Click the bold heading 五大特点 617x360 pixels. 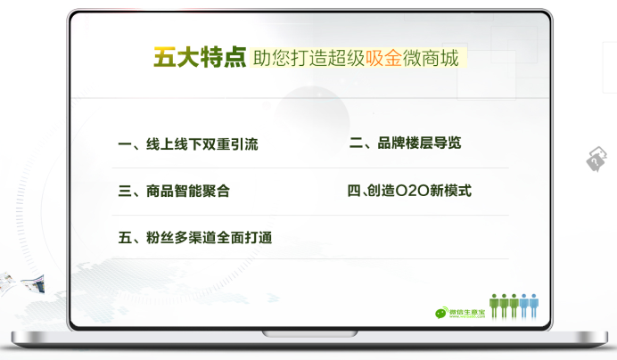pyautogui.click(x=200, y=57)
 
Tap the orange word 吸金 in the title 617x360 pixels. pyautogui.click(x=383, y=58)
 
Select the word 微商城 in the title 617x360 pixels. pyautogui.click(x=431, y=58)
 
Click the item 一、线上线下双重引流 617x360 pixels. pyautogui.click(x=188, y=144)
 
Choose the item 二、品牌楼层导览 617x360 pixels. pyautogui.click(x=406, y=143)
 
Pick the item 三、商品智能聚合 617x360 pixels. pyautogui.click(x=174, y=192)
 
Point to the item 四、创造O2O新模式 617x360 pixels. pyautogui.click(x=409, y=191)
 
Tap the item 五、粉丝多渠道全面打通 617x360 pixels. pyautogui.click(x=195, y=238)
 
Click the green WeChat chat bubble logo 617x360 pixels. pyautogui.click(x=441, y=313)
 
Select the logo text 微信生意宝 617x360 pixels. pyautogui.click(x=467, y=312)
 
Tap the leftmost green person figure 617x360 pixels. pyautogui.click(x=494, y=306)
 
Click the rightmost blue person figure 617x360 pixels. pyautogui.click(x=533, y=306)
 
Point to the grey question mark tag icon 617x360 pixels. pyautogui.click(x=596, y=159)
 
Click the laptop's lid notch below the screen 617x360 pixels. pyautogui.click(x=310, y=334)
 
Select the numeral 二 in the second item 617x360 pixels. pyautogui.click(x=356, y=143)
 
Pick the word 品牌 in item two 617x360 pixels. pyautogui.click(x=391, y=143)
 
